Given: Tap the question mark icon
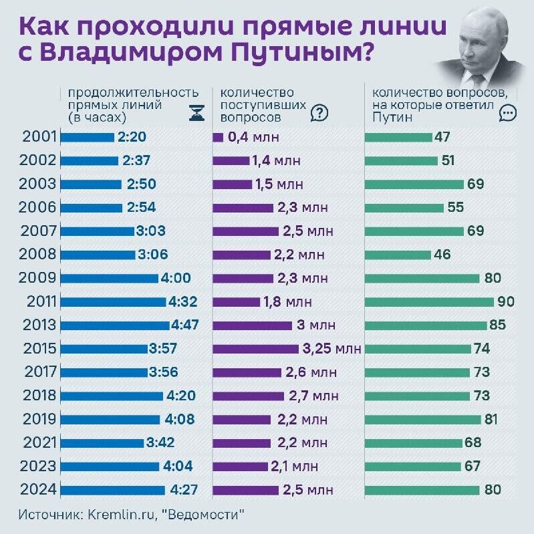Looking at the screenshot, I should tap(319, 113).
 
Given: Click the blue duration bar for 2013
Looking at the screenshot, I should tap(115, 325).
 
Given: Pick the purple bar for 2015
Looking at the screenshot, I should tap(255, 348).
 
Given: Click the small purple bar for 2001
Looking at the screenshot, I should tap(218, 138).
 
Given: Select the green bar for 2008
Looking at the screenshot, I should tap(398, 255).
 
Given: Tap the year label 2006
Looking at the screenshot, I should tap(37, 207).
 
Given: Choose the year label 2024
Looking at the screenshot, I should tap(37, 489).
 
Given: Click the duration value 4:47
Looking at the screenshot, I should tap(184, 325).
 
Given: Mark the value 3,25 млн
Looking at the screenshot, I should tap(331, 348).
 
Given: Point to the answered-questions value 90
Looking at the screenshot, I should tap(506, 301).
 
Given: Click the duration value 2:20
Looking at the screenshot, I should tap(132, 138).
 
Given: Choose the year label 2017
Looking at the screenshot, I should tap(37, 372).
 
